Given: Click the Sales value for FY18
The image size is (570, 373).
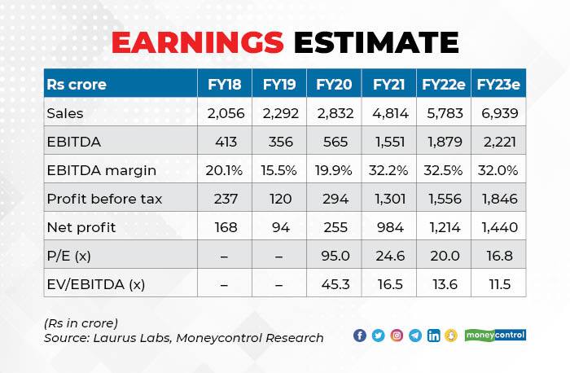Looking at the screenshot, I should pos(224,113).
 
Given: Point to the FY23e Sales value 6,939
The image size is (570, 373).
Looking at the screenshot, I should pos(499,113).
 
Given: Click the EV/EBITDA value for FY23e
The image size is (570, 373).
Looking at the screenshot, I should pos(499,284).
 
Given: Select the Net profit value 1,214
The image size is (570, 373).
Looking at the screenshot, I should pos(443,227).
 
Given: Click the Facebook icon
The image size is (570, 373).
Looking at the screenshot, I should pos(360,336).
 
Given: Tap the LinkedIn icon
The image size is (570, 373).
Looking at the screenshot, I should pos(433,336).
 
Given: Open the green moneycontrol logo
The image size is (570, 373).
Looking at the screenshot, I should pos(495,335).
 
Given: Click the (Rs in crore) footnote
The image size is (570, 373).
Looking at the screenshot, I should pos(81,323).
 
